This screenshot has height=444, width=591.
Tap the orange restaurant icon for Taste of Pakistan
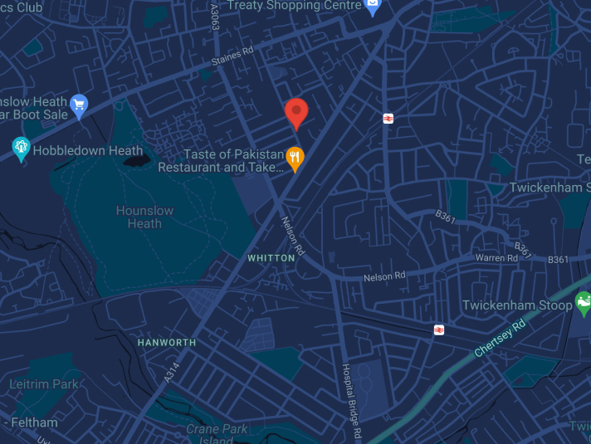pos(294,157)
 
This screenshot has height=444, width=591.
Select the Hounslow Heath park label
pos(144,217)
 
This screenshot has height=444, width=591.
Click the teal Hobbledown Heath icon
pos(22,148)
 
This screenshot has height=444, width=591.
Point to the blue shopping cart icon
pos(79,105)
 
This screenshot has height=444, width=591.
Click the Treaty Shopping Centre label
pos(295,5)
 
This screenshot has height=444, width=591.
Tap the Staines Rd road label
pos(232,54)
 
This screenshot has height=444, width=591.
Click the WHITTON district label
pos(271,258)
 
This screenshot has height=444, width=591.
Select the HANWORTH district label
pos(167,342)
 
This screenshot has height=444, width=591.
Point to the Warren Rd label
pos(497,258)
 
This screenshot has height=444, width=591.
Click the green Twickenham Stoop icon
pos(584,304)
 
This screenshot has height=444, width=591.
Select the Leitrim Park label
pos(43,383)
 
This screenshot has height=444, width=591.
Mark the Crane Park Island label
pos(217,433)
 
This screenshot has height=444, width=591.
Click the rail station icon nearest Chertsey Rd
pos(438,329)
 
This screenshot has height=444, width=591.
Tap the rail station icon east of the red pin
pos(388,119)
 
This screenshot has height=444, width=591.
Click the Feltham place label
pos(34,422)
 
